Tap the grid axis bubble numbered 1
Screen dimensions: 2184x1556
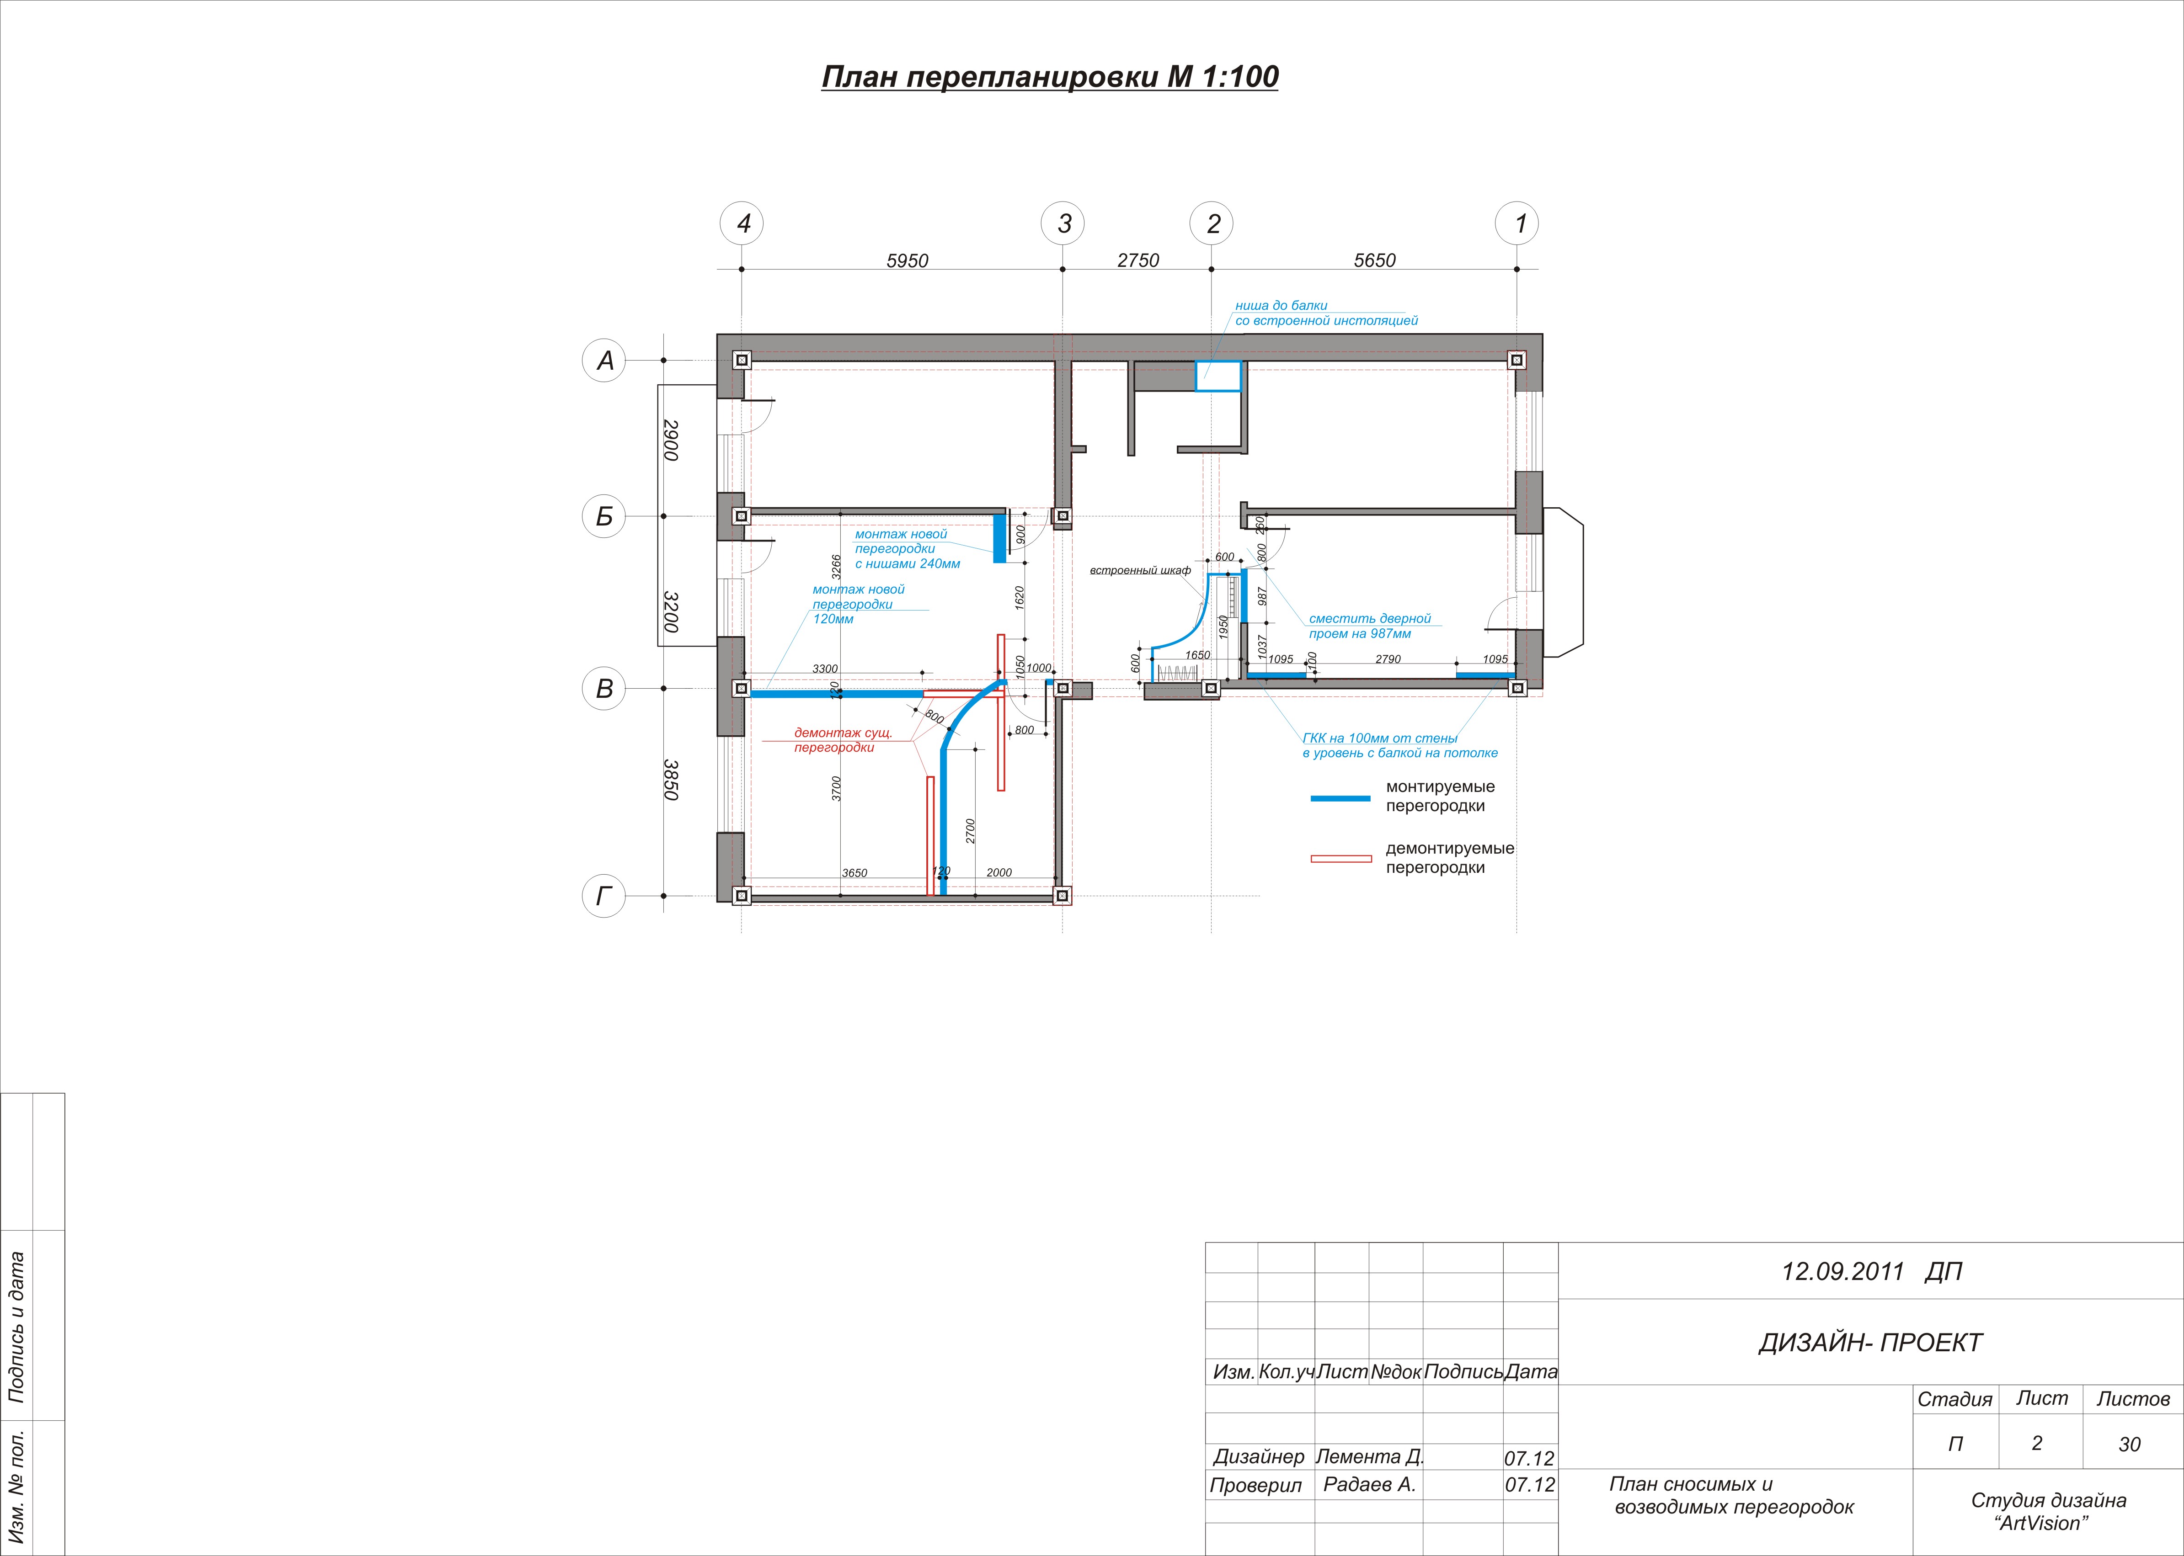tap(1517, 223)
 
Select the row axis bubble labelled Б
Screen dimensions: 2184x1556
tap(604, 516)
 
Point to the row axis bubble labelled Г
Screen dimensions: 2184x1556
tap(604, 896)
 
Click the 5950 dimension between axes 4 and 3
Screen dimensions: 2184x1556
tap(907, 260)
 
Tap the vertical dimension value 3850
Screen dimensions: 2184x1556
tap(671, 780)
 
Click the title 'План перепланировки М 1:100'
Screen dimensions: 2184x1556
tap(1049, 77)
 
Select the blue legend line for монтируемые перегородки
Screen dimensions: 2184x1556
tap(1340, 797)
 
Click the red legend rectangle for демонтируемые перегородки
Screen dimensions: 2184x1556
tap(1340, 859)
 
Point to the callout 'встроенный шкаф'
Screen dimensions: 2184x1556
tap(1140, 571)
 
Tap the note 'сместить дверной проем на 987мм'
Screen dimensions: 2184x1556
tap(1369, 626)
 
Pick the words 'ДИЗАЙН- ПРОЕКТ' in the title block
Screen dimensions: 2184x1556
tap(1869, 1342)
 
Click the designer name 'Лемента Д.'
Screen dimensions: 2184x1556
tap(1369, 1456)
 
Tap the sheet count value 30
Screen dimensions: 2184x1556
tap(2130, 1444)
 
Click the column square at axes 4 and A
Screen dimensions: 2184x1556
tap(742, 360)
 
